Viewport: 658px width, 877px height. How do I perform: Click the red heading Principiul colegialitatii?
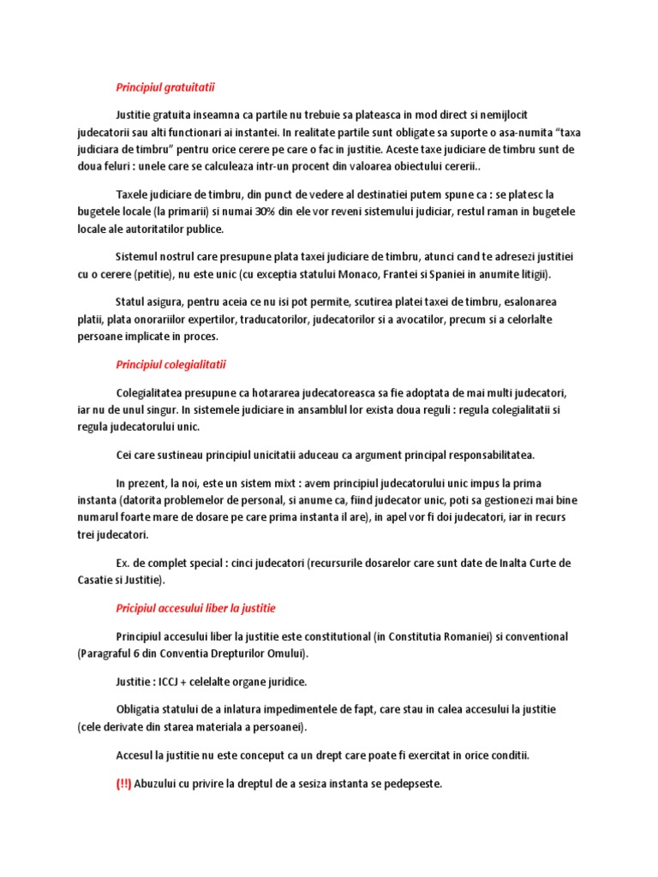pos(171,365)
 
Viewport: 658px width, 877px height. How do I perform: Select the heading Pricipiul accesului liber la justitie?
pos(195,608)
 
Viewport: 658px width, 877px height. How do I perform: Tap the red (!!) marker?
pos(123,783)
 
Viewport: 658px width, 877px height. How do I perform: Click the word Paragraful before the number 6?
pos(105,653)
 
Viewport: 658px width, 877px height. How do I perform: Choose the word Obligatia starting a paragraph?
pos(139,710)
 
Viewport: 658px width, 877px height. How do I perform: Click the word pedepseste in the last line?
pos(413,783)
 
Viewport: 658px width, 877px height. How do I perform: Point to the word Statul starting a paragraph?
pos(130,301)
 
